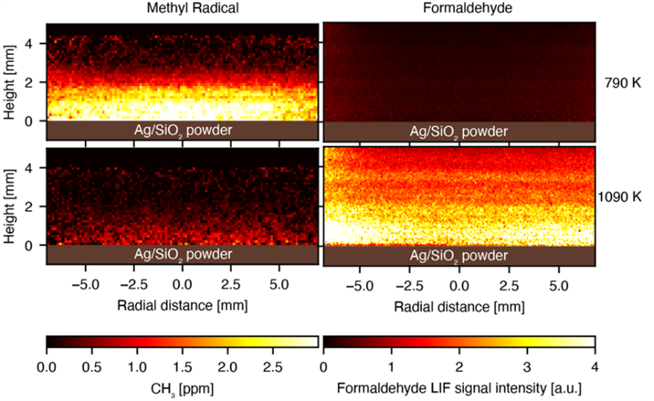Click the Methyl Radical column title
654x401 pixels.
click(182, 8)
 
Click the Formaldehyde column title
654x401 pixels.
click(459, 8)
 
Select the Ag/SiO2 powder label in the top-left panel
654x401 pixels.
click(182, 130)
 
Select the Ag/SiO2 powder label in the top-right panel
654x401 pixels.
click(459, 132)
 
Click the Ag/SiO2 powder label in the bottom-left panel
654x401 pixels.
click(182, 254)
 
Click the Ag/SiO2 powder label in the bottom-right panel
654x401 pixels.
click(459, 254)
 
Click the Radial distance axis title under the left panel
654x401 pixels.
click(182, 305)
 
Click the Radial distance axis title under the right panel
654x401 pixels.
click(459, 306)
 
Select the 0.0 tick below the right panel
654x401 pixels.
click(459, 285)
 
